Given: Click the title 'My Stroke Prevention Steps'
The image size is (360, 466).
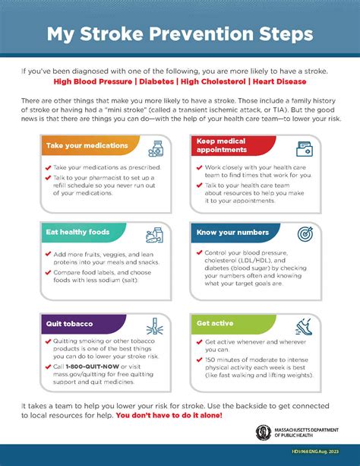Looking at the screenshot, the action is point(180,34).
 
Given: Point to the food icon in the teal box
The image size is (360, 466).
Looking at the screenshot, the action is point(156,233).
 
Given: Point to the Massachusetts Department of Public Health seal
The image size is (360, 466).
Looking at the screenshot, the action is point(263,433).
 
